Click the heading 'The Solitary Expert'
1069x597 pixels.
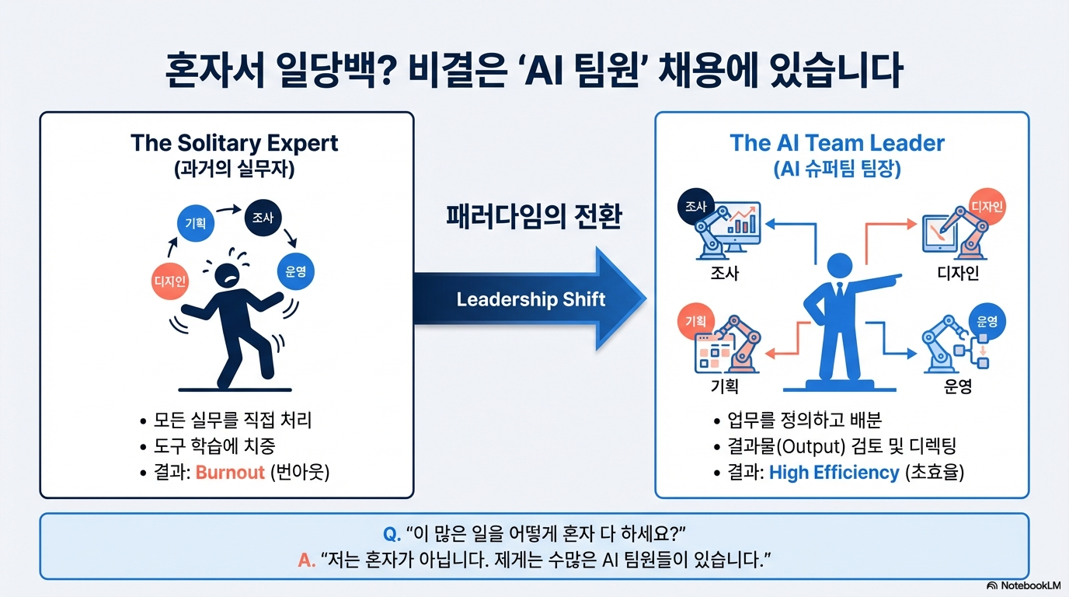[235, 144]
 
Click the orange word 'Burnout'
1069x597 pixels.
[230, 472]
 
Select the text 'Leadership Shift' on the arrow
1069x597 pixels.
[530, 300]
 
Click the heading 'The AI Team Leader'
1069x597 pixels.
[837, 144]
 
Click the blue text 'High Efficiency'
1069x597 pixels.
[834, 472]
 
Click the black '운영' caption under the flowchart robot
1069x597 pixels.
[958, 386]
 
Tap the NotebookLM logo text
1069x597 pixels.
[1030, 585]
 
